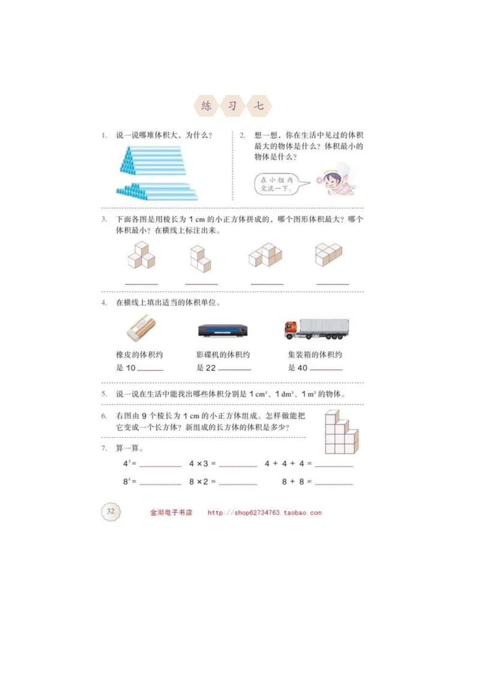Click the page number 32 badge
(110, 512)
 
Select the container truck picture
(316, 328)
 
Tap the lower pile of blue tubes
(156, 191)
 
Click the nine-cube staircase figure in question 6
(341, 433)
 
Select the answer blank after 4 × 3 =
(238, 465)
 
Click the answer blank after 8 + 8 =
(334, 483)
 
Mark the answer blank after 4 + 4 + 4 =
(334, 465)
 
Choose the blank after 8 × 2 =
(238, 483)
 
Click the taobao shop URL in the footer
(265, 513)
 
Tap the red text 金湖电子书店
(171, 513)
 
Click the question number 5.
(104, 394)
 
